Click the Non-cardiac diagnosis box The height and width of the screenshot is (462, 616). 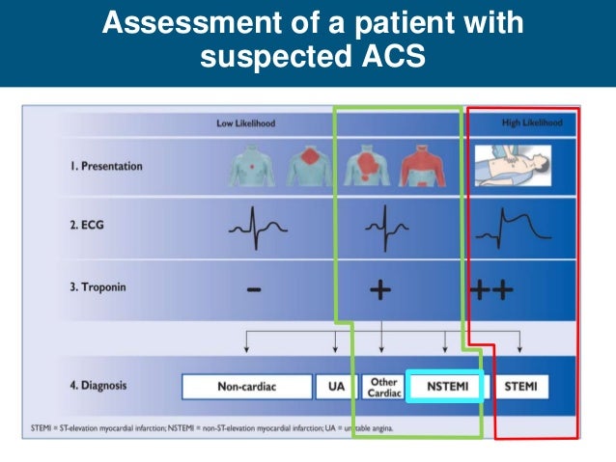click(247, 387)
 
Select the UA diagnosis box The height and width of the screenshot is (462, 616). click(327, 387)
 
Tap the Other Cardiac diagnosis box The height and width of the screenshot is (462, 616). click(383, 387)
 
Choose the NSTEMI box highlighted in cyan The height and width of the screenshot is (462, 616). click(443, 387)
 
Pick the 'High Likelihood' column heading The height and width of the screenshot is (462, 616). click(532, 122)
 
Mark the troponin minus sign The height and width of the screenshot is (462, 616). click(251, 290)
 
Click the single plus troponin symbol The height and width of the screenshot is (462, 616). click(381, 290)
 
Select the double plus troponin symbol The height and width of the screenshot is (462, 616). click(491, 290)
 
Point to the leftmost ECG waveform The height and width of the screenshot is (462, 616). click(257, 228)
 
